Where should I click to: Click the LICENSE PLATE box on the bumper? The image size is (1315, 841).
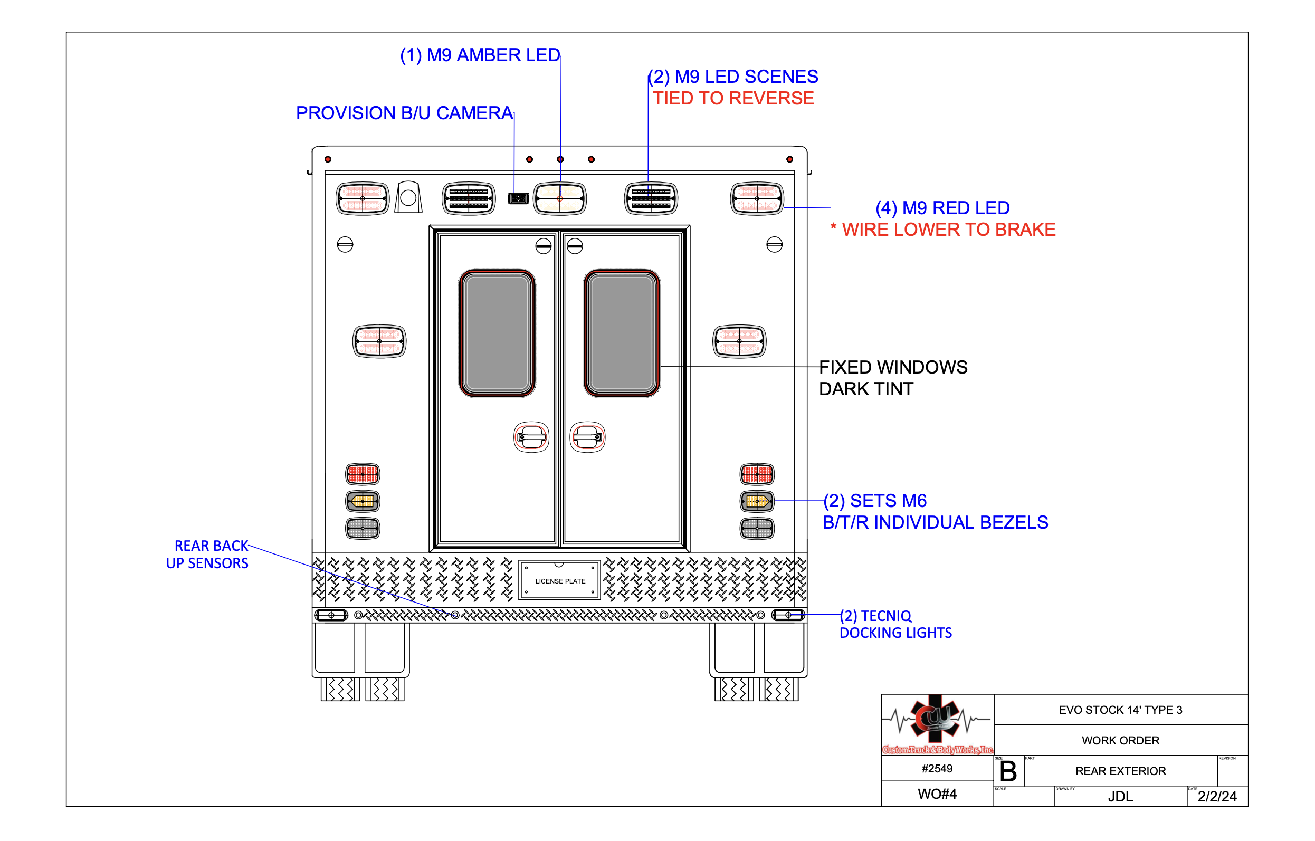(x=559, y=580)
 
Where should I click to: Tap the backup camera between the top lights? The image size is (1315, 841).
(x=518, y=198)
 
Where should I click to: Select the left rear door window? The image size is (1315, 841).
(x=497, y=332)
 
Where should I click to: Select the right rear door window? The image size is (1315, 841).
(x=622, y=332)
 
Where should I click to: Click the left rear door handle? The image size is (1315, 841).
(x=531, y=437)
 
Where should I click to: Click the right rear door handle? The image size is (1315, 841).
(x=588, y=437)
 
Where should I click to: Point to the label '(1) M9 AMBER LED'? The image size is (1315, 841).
(x=480, y=55)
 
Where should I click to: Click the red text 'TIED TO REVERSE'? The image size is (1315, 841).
(x=733, y=98)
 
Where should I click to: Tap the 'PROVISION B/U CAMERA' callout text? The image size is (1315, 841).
(x=405, y=113)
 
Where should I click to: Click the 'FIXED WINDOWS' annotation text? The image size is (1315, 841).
(x=893, y=367)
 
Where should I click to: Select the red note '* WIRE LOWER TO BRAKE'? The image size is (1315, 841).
(x=943, y=230)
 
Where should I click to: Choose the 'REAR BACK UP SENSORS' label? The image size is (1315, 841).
(x=207, y=555)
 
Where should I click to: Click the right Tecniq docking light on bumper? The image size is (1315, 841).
(x=788, y=615)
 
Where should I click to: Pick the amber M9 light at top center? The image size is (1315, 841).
(x=560, y=198)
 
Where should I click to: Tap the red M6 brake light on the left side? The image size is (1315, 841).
(x=363, y=474)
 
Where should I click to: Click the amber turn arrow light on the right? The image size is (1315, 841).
(x=757, y=501)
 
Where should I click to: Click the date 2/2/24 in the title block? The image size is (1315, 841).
(x=1217, y=796)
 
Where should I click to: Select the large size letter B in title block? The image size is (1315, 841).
(x=1008, y=772)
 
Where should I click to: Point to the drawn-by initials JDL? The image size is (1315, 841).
(x=1121, y=796)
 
